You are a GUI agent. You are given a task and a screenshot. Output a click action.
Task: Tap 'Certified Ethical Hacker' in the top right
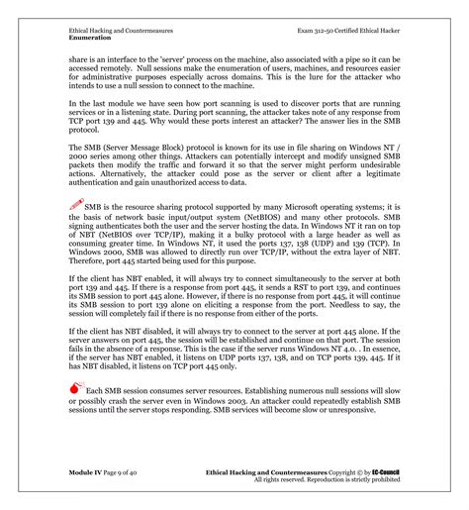370,32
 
